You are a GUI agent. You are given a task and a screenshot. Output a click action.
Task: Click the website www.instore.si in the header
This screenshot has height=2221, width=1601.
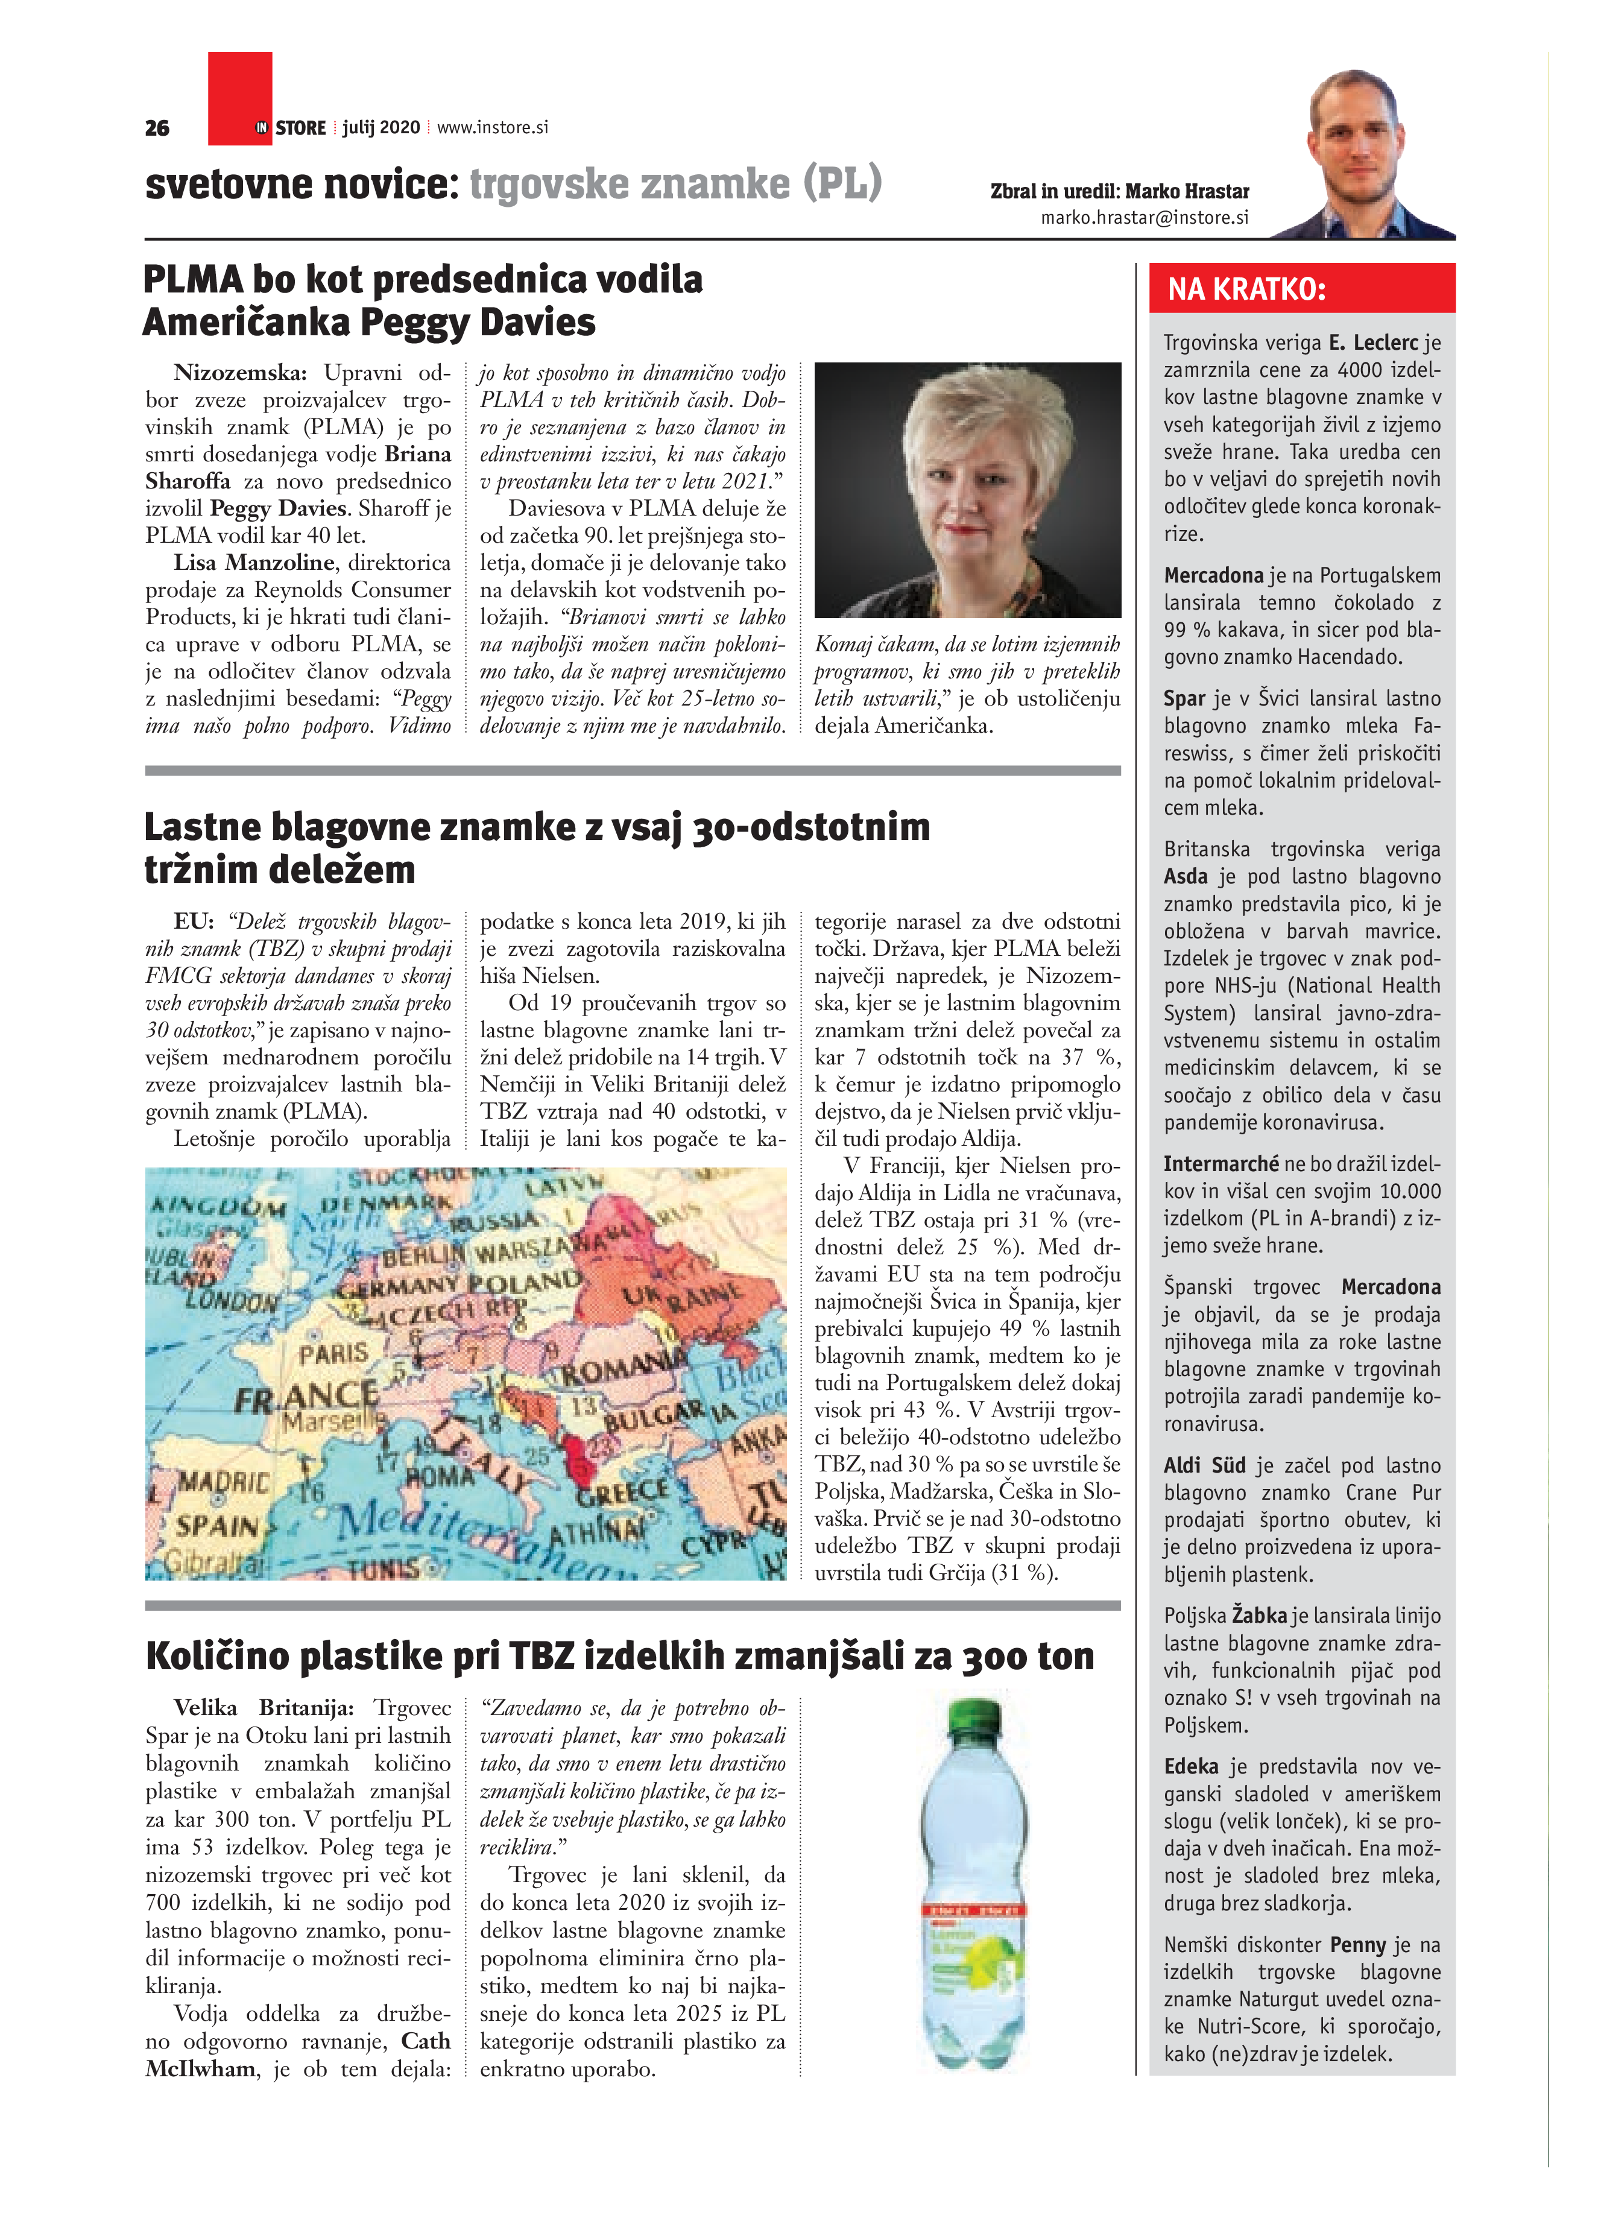(493, 127)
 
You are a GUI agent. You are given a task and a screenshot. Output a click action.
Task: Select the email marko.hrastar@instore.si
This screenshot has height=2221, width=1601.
(1145, 218)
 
